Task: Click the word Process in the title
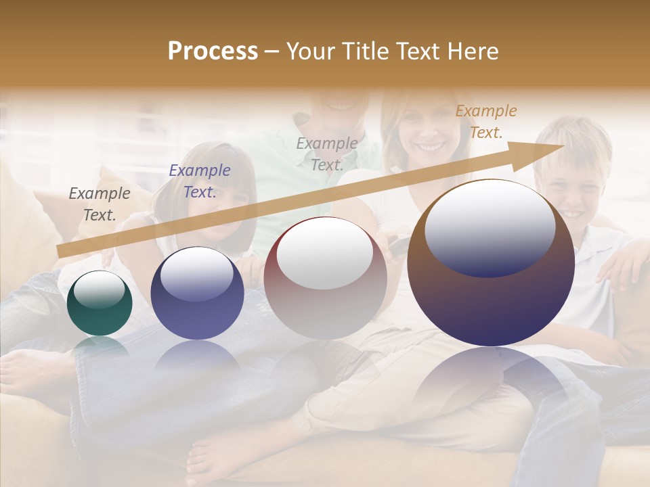[x=213, y=51]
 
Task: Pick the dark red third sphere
[x=325, y=278]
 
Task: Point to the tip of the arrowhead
[x=563, y=145]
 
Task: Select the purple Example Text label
[x=199, y=181]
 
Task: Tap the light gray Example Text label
[x=327, y=154]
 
